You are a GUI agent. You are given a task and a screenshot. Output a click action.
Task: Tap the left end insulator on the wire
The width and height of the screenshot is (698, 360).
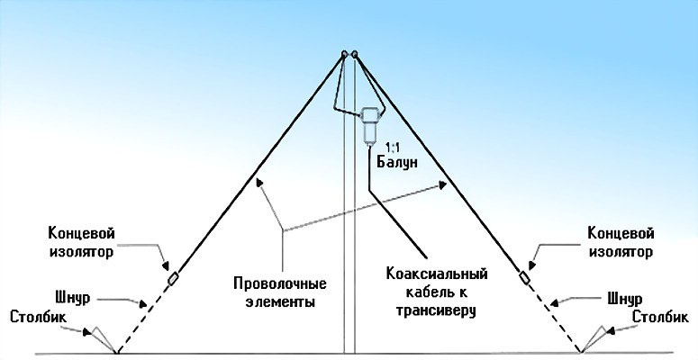[172, 279]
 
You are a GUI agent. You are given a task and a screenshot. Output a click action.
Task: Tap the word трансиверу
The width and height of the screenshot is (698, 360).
[429, 310]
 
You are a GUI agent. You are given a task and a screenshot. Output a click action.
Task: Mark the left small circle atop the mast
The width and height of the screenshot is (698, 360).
[344, 54]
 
